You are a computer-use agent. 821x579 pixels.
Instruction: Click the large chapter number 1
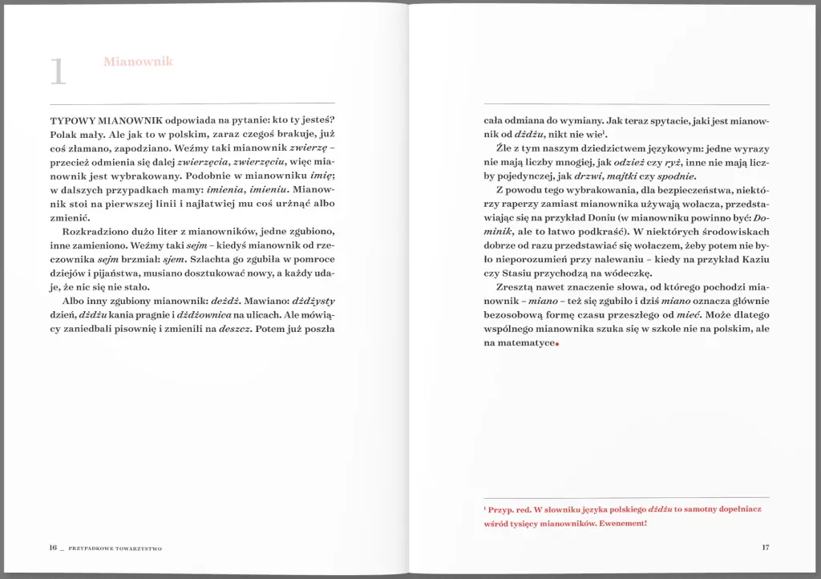(x=57, y=71)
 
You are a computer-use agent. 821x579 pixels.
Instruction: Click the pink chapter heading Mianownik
(x=138, y=62)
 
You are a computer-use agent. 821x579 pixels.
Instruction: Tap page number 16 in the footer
(x=53, y=548)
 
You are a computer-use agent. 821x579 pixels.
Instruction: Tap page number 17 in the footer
(x=765, y=548)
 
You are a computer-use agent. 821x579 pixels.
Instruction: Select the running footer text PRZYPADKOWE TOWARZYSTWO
(x=115, y=549)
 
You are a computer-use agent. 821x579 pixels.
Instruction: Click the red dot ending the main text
(x=556, y=346)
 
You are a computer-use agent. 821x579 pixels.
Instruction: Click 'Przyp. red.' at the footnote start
(x=510, y=509)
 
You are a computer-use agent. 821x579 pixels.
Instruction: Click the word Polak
(x=63, y=134)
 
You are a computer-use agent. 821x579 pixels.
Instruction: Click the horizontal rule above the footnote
(x=626, y=497)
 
